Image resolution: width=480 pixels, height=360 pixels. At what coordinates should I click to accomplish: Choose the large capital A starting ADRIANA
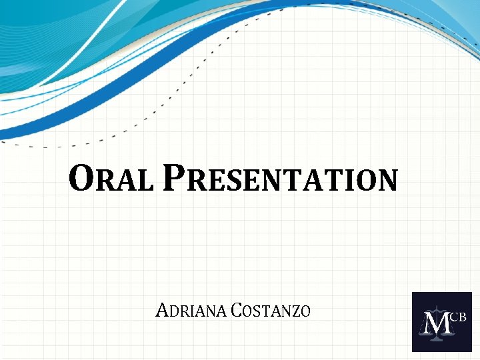tap(161, 310)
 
